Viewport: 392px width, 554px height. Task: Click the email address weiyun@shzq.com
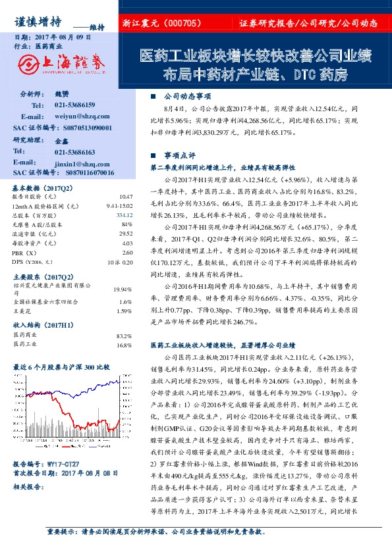(74, 116)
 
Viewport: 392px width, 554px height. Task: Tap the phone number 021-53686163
(73, 151)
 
